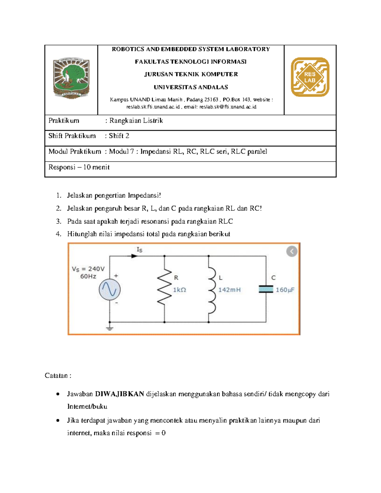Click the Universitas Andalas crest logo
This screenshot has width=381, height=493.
coord(71,78)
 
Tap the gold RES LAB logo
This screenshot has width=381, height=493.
coord(310,77)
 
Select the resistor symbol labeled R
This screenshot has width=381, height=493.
coord(164,289)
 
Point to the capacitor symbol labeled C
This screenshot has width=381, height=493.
coord(266,289)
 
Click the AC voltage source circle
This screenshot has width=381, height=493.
coord(110,290)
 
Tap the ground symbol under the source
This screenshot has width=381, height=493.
coord(110,328)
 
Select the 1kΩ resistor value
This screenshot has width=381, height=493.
coord(179,290)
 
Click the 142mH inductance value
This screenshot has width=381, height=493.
coord(229,290)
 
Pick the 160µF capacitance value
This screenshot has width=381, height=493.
coord(285,290)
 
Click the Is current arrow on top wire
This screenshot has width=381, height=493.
coord(134,256)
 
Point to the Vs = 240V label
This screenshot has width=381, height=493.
coord(88,269)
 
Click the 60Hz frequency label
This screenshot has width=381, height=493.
coord(88,276)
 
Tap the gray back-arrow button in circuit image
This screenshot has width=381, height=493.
coord(292,251)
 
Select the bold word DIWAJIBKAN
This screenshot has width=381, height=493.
coord(119,394)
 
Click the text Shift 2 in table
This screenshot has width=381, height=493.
coord(119,136)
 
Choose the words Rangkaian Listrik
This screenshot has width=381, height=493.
coord(136,121)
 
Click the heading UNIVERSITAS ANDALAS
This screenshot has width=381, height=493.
coord(191,87)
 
